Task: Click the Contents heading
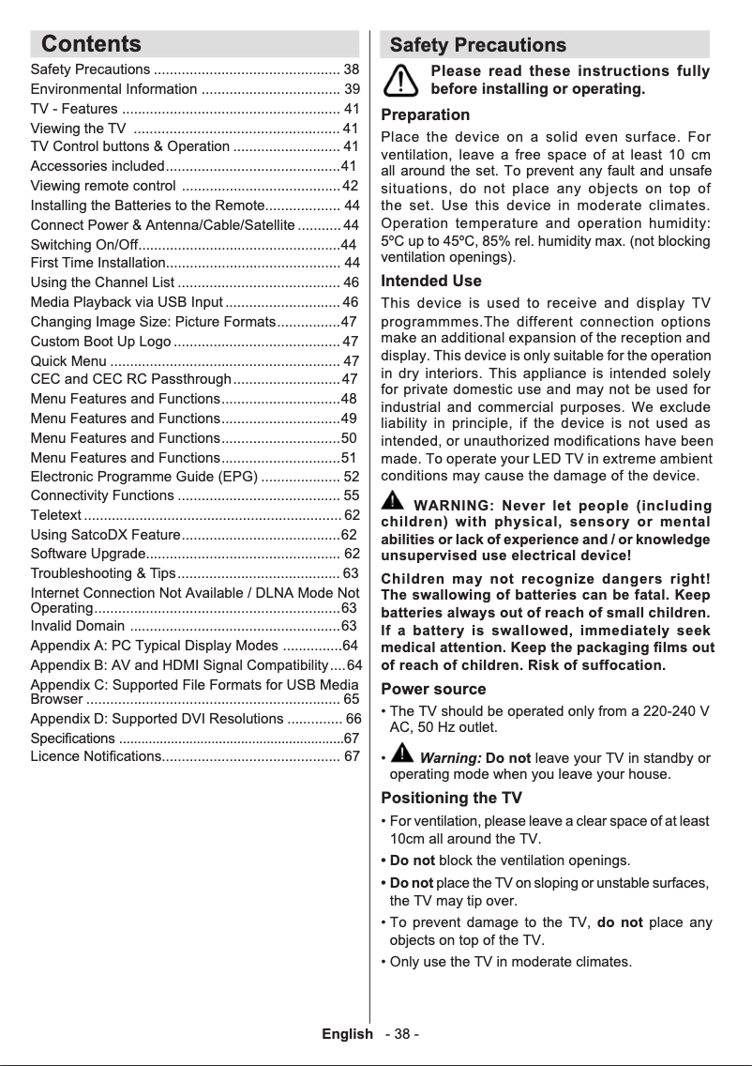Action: pyautogui.click(x=91, y=44)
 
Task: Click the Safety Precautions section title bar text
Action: pyautogui.click(x=477, y=45)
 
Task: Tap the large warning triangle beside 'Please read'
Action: pyautogui.click(x=401, y=81)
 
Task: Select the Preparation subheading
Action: pyautogui.click(x=425, y=114)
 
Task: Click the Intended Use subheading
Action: pyautogui.click(x=430, y=281)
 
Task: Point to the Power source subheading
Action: pyautogui.click(x=432, y=689)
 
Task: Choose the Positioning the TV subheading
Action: pyautogui.click(x=451, y=798)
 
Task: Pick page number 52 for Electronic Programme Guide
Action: pyautogui.click(x=351, y=476)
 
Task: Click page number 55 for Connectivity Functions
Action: pyautogui.click(x=351, y=495)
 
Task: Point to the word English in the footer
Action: pyautogui.click(x=347, y=1034)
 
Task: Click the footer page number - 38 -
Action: pyautogui.click(x=401, y=1034)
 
